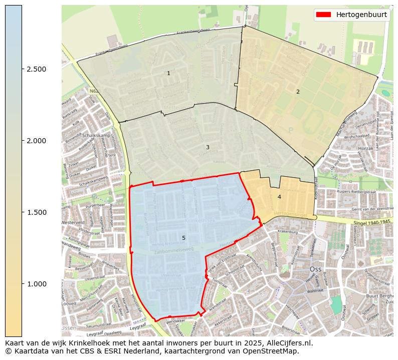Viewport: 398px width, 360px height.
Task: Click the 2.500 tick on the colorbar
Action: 36,69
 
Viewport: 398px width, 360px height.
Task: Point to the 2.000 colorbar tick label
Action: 36,141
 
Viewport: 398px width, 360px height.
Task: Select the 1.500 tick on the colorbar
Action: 36,212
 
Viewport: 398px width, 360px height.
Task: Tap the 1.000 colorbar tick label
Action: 36,284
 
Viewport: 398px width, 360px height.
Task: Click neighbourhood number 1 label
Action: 168,74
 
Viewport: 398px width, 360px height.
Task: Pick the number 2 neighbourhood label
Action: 298,92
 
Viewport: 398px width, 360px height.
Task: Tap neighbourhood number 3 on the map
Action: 208,148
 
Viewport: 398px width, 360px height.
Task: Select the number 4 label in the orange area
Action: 279,197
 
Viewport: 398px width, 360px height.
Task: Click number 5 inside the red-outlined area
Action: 183,238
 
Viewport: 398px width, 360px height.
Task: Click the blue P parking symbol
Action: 290,130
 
